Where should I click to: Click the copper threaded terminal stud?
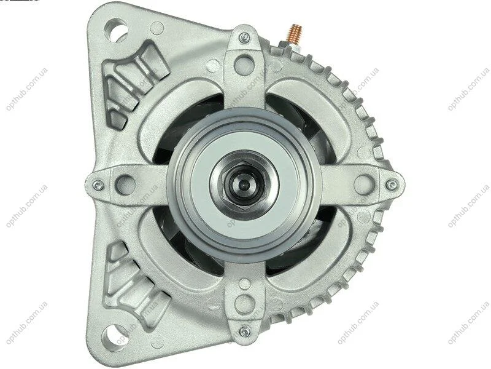[295, 33]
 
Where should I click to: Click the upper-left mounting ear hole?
[117, 30]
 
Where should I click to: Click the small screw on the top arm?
[244, 38]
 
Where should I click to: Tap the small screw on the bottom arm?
[244, 331]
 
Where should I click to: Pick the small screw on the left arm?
[98, 185]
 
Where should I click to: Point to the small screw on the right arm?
[391, 185]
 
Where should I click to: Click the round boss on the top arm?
[244, 65]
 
